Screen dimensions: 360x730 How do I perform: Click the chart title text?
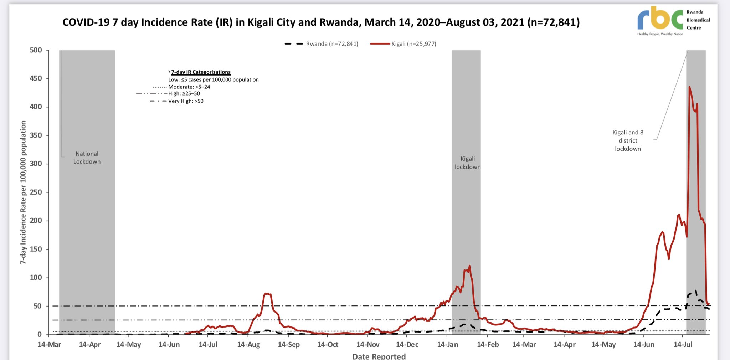(x=321, y=22)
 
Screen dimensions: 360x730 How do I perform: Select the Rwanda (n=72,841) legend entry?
(x=332, y=44)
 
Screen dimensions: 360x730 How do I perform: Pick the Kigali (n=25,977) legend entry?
(x=413, y=44)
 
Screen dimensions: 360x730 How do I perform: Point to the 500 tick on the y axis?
(x=36, y=50)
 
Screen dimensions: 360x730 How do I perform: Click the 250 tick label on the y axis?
(x=36, y=192)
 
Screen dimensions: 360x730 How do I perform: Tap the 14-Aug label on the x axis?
(x=248, y=345)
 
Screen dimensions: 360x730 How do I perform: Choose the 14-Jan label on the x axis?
(x=448, y=345)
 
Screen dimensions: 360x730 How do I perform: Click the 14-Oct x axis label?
(x=328, y=345)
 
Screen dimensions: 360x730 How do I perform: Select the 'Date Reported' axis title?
(x=379, y=356)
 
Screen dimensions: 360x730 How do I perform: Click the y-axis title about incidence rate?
(x=23, y=192)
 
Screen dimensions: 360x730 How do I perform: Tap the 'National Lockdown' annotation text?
(x=87, y=158)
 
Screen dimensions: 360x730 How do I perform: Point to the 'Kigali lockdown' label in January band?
(x=467, y=163)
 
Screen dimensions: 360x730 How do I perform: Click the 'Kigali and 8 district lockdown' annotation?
(x=628, y=140)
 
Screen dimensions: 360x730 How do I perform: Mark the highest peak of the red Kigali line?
(x=689, y=87)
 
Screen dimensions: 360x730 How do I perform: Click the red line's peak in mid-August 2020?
(x=267, y=294)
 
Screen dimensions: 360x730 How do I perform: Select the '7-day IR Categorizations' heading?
(x=201, y=72)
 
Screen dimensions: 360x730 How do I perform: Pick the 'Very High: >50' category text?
(x=186, y=101)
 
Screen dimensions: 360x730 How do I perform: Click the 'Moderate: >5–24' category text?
(x=189, y=87)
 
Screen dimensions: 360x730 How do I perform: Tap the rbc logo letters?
(x=659, y=19)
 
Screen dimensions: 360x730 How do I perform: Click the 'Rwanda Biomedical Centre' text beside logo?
(x=698, y=20)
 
